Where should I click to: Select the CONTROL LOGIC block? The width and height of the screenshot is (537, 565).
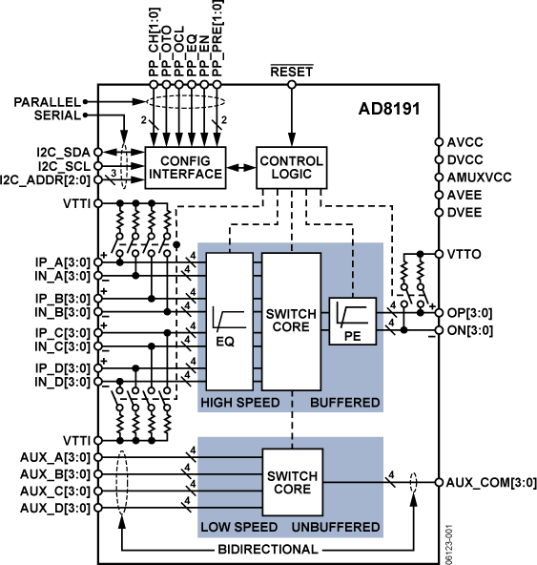[292, 168]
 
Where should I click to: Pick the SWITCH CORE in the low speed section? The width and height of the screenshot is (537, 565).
[292, 482]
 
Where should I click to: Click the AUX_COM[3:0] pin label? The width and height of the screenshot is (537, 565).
[488, 482]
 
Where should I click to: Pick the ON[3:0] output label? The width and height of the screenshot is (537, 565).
[475, 330]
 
